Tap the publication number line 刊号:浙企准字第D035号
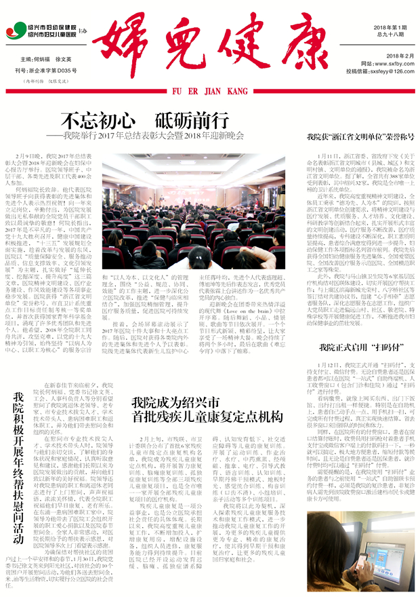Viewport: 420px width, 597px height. (x=50, y=70)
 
